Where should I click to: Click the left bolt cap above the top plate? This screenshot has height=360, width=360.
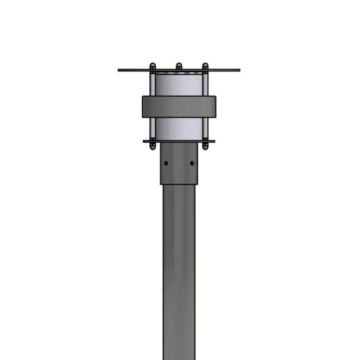tap(152, 66)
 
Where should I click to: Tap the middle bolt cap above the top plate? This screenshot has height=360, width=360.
tap(178, 66)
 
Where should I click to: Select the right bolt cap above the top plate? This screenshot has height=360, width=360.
tap(205, 66)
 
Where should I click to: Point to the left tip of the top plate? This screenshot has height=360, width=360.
tap(119, 70)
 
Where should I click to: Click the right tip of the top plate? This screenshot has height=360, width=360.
tap(238, 70)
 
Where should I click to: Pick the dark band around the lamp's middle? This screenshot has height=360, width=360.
tap(179, 106)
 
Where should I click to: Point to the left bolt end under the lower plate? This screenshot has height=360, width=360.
tap(152, 146)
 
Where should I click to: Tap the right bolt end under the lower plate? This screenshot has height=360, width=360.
tap(205, 146)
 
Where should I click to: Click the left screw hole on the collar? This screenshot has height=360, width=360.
tap(166, 163)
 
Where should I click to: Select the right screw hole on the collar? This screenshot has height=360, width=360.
tap(192, 163)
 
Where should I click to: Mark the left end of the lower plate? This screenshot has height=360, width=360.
tap(145, 141)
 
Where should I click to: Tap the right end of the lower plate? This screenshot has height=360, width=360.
tap(213, 141)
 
